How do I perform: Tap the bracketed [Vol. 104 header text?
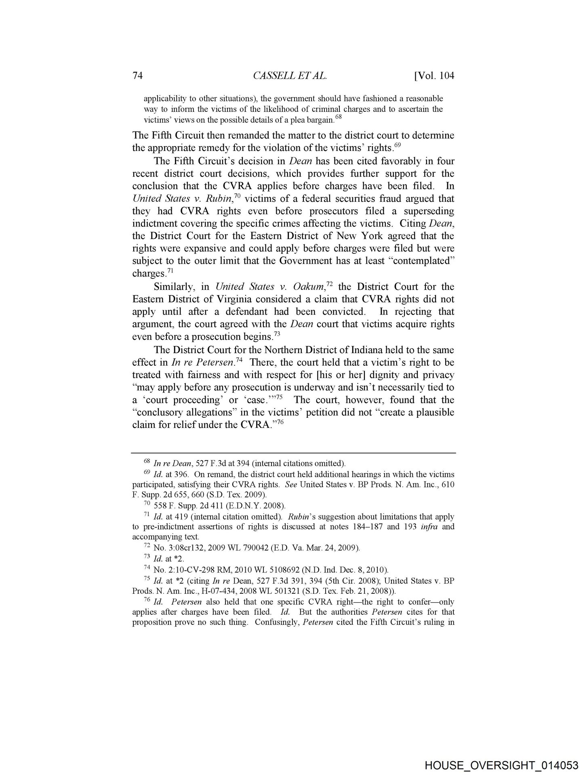pos(434,75)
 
